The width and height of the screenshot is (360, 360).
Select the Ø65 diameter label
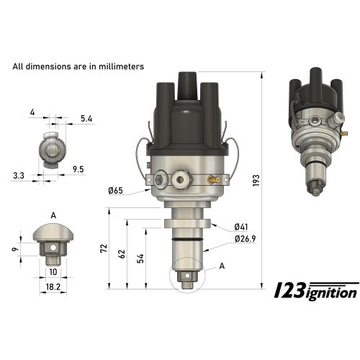(x=117, y=190)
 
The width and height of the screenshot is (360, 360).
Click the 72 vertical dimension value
(x=104, y=248)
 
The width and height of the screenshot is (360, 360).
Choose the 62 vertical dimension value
(x=122, y=253)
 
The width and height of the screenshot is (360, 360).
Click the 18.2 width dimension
(x=53, y=287)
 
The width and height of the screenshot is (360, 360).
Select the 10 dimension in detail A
(x=53, y=272)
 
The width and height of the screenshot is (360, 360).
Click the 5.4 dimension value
(x=87, y=117)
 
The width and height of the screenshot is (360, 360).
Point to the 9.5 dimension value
(x=78, y=171)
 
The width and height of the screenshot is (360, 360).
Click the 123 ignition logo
(x=316, y=290)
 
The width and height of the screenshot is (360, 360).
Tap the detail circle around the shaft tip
(x=186, y=274)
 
